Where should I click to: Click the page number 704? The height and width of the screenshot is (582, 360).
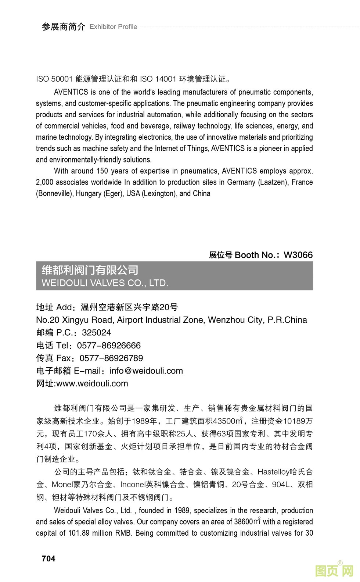click(48, 558)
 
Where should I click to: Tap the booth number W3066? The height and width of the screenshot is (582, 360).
click(298, 255)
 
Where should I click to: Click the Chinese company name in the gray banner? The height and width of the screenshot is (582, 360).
click(90, 270)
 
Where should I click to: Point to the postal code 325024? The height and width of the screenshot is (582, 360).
click(96, 333)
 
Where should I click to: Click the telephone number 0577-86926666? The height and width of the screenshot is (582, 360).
click(109, 346)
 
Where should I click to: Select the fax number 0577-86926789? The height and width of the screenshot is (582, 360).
click(111, 358)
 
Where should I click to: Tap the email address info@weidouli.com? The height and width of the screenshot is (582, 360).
click(146, 371)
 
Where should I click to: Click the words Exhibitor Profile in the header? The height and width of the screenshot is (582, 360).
click(113, 27)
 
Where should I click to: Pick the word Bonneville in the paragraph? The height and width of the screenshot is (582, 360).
click(54, 194)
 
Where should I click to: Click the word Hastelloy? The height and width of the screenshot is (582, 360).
click(273, 472)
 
